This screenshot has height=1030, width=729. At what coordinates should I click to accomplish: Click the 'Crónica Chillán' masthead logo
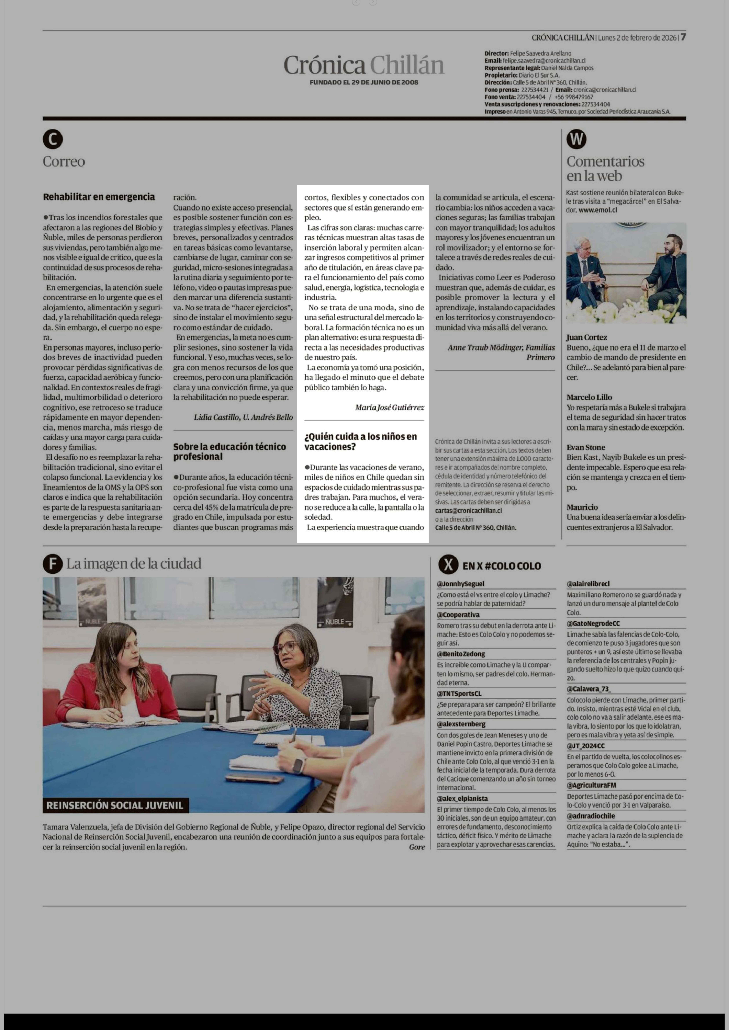(x=364, y=65)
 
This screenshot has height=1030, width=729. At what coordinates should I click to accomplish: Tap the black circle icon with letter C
(x=53, y=140)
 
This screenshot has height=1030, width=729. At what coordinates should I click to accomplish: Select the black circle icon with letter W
(x=576, y=140)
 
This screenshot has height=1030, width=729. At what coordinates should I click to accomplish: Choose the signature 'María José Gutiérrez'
(x=389, y=407)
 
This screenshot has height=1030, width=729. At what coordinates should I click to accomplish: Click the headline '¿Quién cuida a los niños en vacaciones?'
(x=360, y=441)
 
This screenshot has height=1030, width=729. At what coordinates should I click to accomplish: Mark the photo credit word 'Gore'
(x=417, y=847)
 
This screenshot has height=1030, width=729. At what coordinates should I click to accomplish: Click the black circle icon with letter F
(x=53, y=564)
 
